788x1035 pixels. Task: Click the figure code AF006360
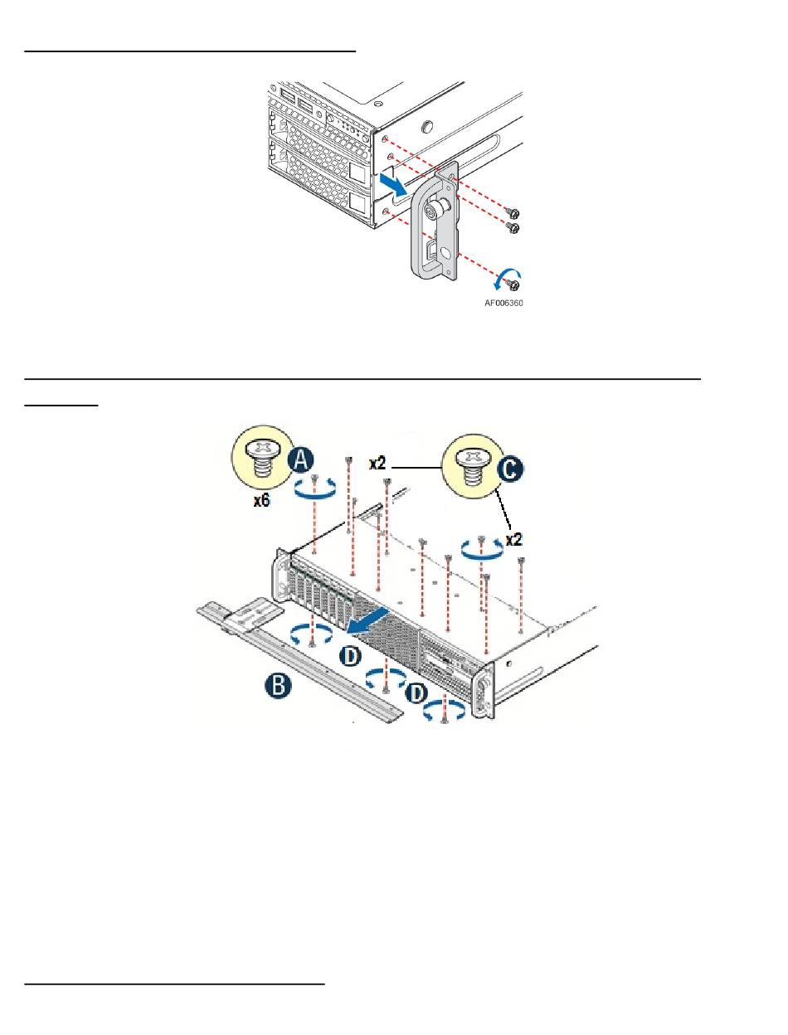(503, 303)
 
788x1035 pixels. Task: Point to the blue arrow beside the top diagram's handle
(393, 184)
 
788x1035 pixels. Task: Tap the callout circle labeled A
(301, 459)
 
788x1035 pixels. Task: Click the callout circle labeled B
(277, 685)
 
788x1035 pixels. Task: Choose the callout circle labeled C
(510, 469)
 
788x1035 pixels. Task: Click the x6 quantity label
(261, 500)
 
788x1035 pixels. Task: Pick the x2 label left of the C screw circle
(377, 464)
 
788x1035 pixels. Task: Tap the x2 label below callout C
(513, 539)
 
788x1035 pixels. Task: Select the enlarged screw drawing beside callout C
(470, 467)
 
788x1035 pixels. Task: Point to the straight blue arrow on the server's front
(368, 620)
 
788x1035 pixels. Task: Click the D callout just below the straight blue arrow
(350, 656)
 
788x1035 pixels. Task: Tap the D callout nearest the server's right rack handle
(417, 693)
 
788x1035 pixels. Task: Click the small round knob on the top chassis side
(427, 126)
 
